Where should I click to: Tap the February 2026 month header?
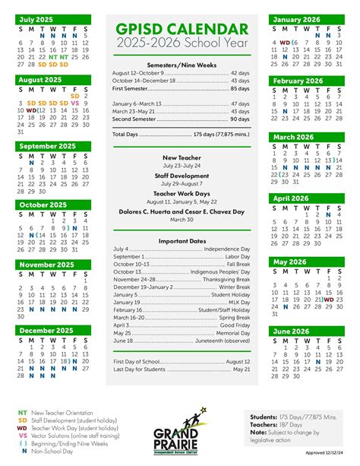coord(298,81)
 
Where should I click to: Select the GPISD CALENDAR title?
coord(182,30)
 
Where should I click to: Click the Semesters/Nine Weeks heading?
coord(182,65)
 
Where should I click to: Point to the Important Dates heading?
coord(182,241)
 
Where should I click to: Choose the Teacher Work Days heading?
coord(182,194)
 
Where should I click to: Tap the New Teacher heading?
coord(182,157)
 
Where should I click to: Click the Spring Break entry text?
coord(230,316)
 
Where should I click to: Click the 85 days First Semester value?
coord(237,88)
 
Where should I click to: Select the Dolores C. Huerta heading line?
coord(182,212)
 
